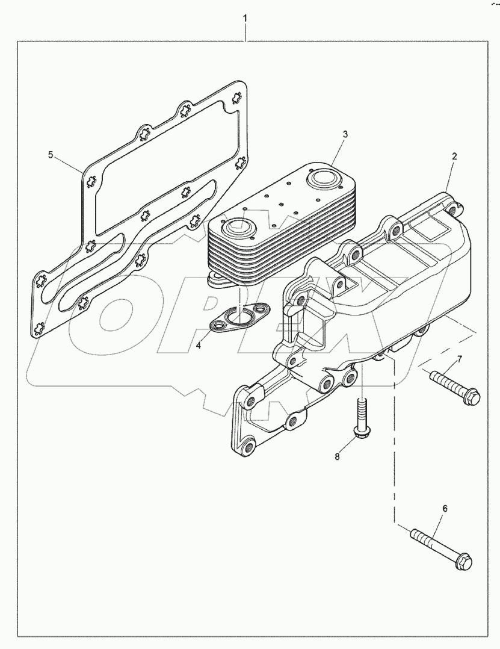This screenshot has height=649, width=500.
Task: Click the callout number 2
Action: coord(454,156)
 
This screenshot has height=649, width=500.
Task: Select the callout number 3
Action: coord(345,134)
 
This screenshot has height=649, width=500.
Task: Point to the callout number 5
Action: coord(51,155)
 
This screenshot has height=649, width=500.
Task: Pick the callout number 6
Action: coord(445,509)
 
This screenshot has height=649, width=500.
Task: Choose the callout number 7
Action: coord(459,359)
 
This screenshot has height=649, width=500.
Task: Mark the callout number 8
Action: coord(338,457)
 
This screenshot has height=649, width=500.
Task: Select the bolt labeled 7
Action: coord(455,387)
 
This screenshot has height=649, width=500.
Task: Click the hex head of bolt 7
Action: coord(474,397)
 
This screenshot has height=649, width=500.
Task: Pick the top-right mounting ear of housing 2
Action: coord(452,206)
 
